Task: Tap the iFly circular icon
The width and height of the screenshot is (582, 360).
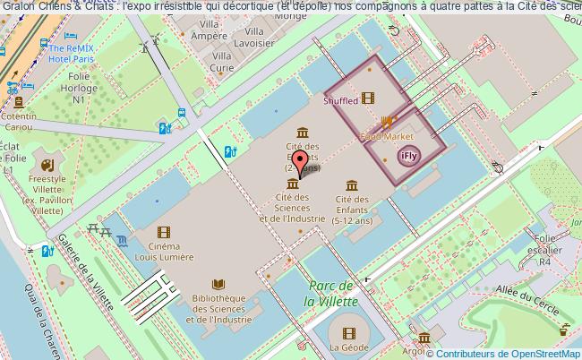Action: tap(408, 157)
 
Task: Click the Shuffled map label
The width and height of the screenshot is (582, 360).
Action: tap(339, 101)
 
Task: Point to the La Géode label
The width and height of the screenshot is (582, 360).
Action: tap(347, 347)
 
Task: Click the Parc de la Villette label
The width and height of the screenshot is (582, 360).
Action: tap(330, 295)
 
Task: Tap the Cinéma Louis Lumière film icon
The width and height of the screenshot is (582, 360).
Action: tap(164, 232)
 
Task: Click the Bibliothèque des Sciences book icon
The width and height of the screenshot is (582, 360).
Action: tap(218, 283)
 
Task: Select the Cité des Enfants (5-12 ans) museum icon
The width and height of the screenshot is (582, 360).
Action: tap(352, 185)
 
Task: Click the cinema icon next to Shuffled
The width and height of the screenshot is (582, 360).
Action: tap(368, 99)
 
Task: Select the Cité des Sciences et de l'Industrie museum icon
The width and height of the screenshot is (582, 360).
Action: tap(292, 183)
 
